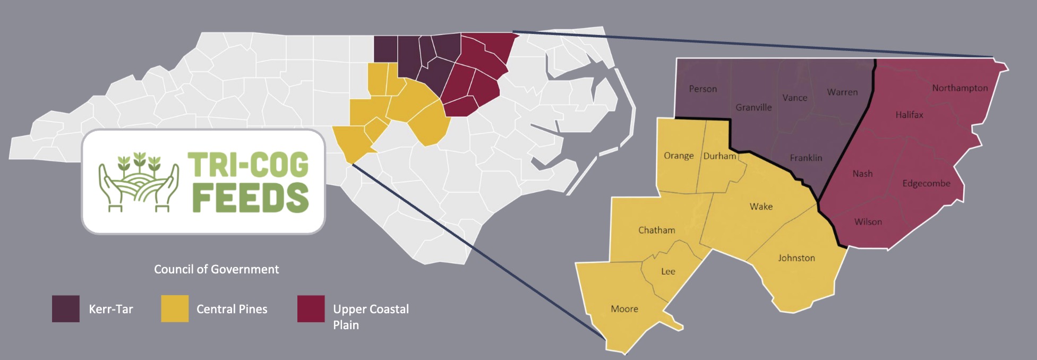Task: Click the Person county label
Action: (x=702, y=89)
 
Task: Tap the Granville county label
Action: (x=753, y=107)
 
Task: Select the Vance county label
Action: (x=794, y=98)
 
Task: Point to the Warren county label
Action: (x=842, y=92)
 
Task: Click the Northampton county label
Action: (x=959, y=88)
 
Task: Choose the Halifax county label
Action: (x=909, y=115)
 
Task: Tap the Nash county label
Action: (x=862, y=174)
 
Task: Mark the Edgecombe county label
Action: (x=926, y=184)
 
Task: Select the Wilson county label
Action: (x=868, y=222)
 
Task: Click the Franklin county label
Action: (x=805, y=158)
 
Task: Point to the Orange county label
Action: (x=679, y=156)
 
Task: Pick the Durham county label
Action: (x=719, y=156)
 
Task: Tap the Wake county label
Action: (x=761, y=207)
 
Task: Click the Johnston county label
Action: (x=796, y=258)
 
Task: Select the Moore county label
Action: (x=624, y=309)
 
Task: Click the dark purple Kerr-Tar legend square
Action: (x=66, y=309)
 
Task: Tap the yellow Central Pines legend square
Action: (x=175, y=309)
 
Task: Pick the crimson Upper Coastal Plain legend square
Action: (x=311, y=309)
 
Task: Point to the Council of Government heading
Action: (x=216, y=270)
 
